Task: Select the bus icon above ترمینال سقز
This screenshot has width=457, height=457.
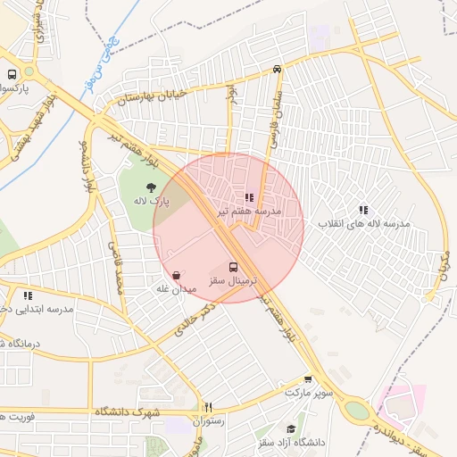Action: click(234, 267)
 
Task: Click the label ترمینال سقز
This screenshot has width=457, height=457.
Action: click(233, 280)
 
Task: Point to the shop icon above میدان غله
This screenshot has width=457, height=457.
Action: click(176, 276)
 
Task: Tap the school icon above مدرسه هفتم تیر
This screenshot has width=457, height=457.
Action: click(249, 198)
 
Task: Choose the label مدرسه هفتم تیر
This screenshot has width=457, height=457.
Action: click(249, 212)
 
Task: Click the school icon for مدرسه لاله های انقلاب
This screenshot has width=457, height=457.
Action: click(363, 210)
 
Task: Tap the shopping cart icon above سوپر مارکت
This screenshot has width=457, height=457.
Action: click(309, 378)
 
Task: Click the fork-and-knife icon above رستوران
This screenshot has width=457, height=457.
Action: click(207, 407)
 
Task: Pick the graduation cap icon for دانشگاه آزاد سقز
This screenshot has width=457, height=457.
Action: click(291, 429)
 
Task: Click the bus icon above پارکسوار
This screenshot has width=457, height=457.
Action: click(12, 76)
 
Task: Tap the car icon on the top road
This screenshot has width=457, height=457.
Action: click(278, 69)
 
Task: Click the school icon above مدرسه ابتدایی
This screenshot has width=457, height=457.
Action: click(28, 295)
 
